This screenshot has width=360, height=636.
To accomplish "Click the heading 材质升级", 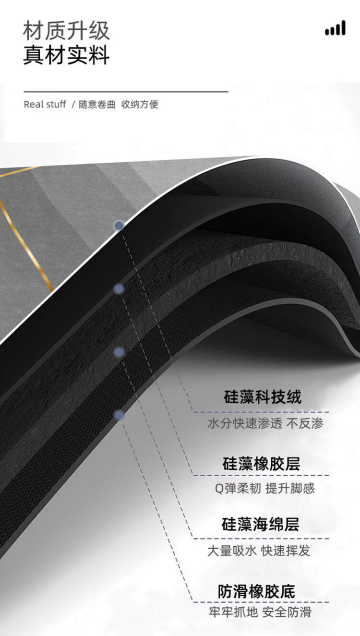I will [x=66, y=31].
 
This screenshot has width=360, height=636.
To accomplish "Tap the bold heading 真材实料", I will [x=66, y=55].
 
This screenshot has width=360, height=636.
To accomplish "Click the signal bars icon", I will [x=335, y=28].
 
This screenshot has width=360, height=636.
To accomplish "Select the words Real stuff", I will [x=45, y=105].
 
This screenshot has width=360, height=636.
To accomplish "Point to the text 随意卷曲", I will [x=97, y=105].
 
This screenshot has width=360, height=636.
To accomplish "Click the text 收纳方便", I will [x=140, y=105].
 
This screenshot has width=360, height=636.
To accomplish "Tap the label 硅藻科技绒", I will [x=263, y=397].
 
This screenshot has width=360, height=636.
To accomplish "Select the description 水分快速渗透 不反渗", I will [x=265, y=423].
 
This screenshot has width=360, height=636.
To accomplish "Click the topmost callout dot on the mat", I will [x=119, y=225].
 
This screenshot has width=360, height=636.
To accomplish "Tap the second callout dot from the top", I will [x=119, y=289].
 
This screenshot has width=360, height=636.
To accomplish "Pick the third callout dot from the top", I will [x=119, y=352].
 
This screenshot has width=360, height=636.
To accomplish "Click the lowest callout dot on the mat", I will [x=119, y=415].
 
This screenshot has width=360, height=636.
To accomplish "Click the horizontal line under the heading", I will [x=126, y=91].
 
